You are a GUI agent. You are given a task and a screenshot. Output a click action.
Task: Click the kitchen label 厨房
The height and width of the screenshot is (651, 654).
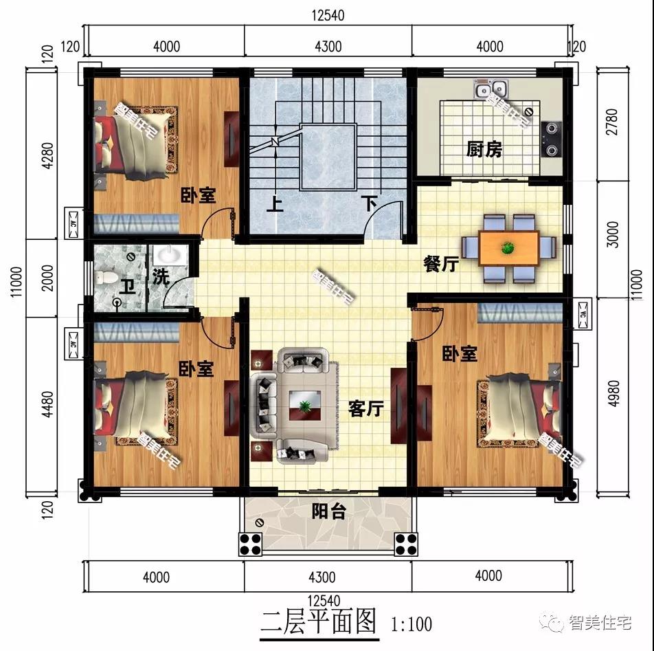[484, 149]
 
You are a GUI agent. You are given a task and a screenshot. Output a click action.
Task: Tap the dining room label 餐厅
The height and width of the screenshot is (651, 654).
[440, 264]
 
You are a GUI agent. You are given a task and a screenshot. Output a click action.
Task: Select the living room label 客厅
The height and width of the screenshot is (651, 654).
[365, 408]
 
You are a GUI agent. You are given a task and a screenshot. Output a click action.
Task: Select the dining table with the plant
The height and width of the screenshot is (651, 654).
[508, 247]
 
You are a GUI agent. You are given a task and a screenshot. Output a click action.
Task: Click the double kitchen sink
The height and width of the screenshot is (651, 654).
[492, 88]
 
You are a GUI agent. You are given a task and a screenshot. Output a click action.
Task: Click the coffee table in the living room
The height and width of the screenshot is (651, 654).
[302, 405]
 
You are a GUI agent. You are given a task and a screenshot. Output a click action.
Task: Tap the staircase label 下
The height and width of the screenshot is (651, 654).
[370, 203]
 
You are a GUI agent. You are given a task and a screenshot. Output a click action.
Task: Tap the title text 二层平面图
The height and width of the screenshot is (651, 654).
[319, 623]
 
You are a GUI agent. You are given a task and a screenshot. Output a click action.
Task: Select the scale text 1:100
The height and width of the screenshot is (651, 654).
[411, 624]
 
